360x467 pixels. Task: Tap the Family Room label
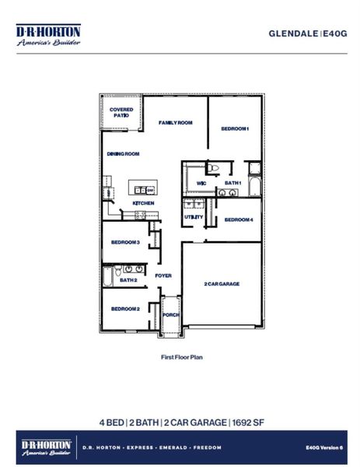click(176, 123)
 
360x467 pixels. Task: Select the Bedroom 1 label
click(234, 128)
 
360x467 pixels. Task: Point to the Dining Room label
click(123, 154)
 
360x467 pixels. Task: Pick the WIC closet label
click(201, 183)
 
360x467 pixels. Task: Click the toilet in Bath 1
click(214, 167)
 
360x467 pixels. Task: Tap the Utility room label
click(194, 216)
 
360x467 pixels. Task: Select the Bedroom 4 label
click(239, 219)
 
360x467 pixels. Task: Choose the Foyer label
click(163, 276)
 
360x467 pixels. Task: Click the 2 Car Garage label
click(222, 284)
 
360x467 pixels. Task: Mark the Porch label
click(170, 315)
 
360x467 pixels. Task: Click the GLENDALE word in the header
click(294, 33)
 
